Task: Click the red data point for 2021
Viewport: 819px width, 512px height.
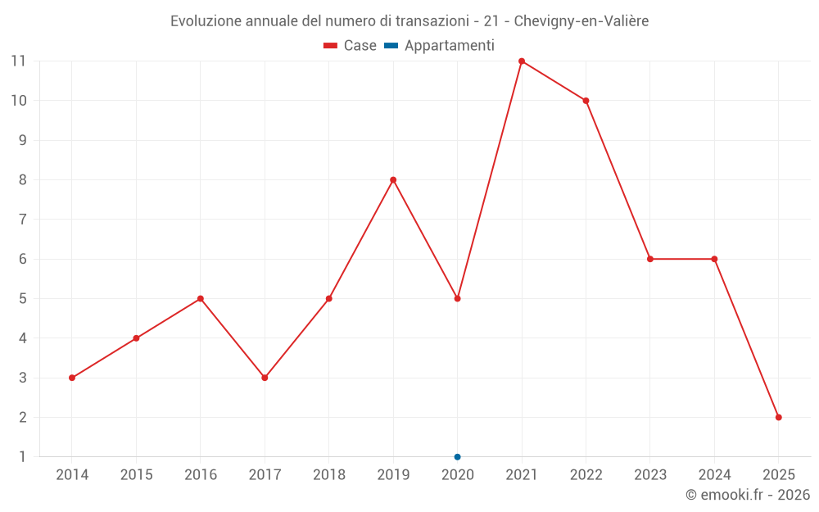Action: tap(522, 61)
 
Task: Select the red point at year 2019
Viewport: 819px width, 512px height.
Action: tap(393, 179)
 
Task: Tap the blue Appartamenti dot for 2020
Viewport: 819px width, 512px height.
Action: tap(457, 456)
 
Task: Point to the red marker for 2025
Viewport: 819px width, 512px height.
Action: tap(778, 417)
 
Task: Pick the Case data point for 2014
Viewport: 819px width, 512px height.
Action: tap(72, 378)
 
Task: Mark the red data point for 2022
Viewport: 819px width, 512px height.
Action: tap(586, 101)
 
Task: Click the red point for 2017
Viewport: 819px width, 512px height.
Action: tap(265, 378)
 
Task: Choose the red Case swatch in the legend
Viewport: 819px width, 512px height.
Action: tap(331, 46)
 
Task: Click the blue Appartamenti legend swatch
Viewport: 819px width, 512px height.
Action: tap(391, 46)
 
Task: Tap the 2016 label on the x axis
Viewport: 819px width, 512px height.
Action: tap(201, 475)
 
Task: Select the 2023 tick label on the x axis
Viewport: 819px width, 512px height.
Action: tap(650, 475)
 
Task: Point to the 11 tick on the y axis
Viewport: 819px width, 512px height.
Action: tap(18, 61)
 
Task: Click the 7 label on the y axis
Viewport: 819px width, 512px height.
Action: tap(22, 220)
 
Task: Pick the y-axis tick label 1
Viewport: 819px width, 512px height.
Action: tap(22, 456)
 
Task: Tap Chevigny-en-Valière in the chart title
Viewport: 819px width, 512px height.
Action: tap(581, 21)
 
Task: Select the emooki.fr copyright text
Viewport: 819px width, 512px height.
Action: tap(748, 495)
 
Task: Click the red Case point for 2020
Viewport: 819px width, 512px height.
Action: tap(457, 298)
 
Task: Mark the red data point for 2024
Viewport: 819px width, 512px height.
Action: tap(714, 259)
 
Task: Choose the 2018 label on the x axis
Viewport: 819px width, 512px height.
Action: tap(329, 475)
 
